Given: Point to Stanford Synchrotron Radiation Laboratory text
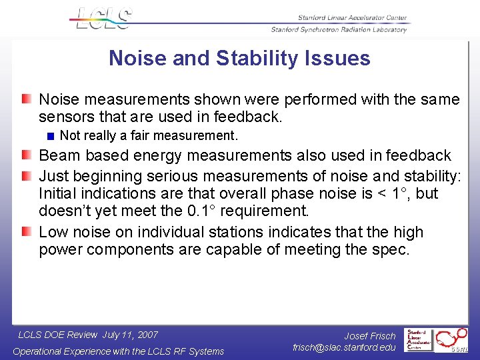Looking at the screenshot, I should point(339,29).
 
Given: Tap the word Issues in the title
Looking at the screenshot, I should point(338,58).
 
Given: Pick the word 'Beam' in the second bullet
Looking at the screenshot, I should point(56,155).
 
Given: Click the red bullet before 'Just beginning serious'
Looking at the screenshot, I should point(25,176).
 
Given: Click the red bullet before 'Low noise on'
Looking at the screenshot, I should point(25,233).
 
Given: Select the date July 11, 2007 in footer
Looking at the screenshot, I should point(130,335).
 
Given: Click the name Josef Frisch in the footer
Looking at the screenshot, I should point(370,336).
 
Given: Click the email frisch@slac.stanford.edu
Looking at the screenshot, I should point(345,347).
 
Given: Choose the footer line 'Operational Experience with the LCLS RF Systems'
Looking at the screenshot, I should point(119,351).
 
